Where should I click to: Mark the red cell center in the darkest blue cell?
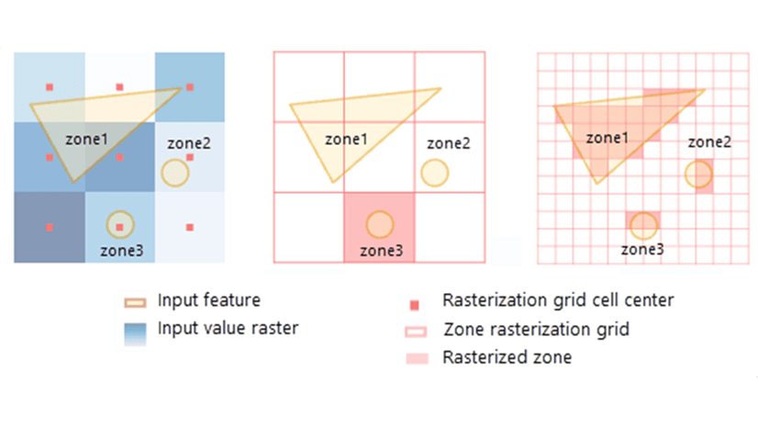pos(50,226)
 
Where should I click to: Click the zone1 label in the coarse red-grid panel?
pos(347,140)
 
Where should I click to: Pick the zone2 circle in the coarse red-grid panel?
pos(435,172)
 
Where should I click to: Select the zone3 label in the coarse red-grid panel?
pos(381,249)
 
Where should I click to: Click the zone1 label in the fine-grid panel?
pos(608,138)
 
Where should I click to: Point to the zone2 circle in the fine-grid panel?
pos(698,172)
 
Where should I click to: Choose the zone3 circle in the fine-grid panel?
pos(643,224)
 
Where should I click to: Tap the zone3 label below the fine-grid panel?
pos(642,249)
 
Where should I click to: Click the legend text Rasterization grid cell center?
pos(558,300)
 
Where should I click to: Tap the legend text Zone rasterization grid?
pos(536,329)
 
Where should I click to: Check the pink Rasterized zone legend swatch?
pos(417,357)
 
